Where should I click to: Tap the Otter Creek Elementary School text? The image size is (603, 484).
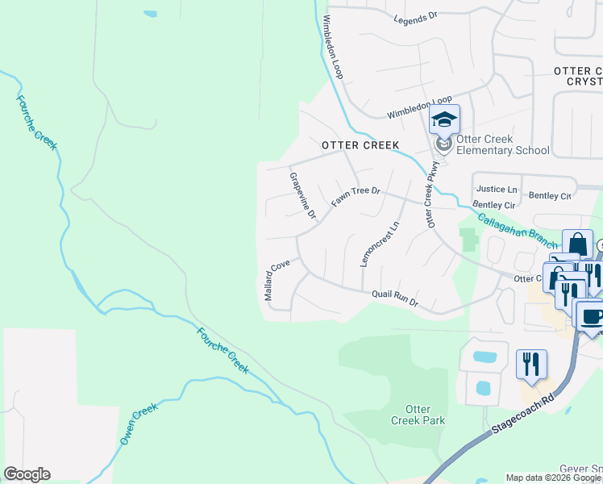(503, 144)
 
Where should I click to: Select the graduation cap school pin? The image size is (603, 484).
(443, 121)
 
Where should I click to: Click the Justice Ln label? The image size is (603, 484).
(497, 190)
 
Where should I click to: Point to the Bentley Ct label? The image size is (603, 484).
(550, 196)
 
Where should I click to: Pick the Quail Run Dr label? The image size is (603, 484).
(394, 298)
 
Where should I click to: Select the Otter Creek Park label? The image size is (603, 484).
(418, 415)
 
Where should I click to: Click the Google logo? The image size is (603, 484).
(27, 474)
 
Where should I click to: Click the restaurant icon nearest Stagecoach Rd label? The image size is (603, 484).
(531, 364)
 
